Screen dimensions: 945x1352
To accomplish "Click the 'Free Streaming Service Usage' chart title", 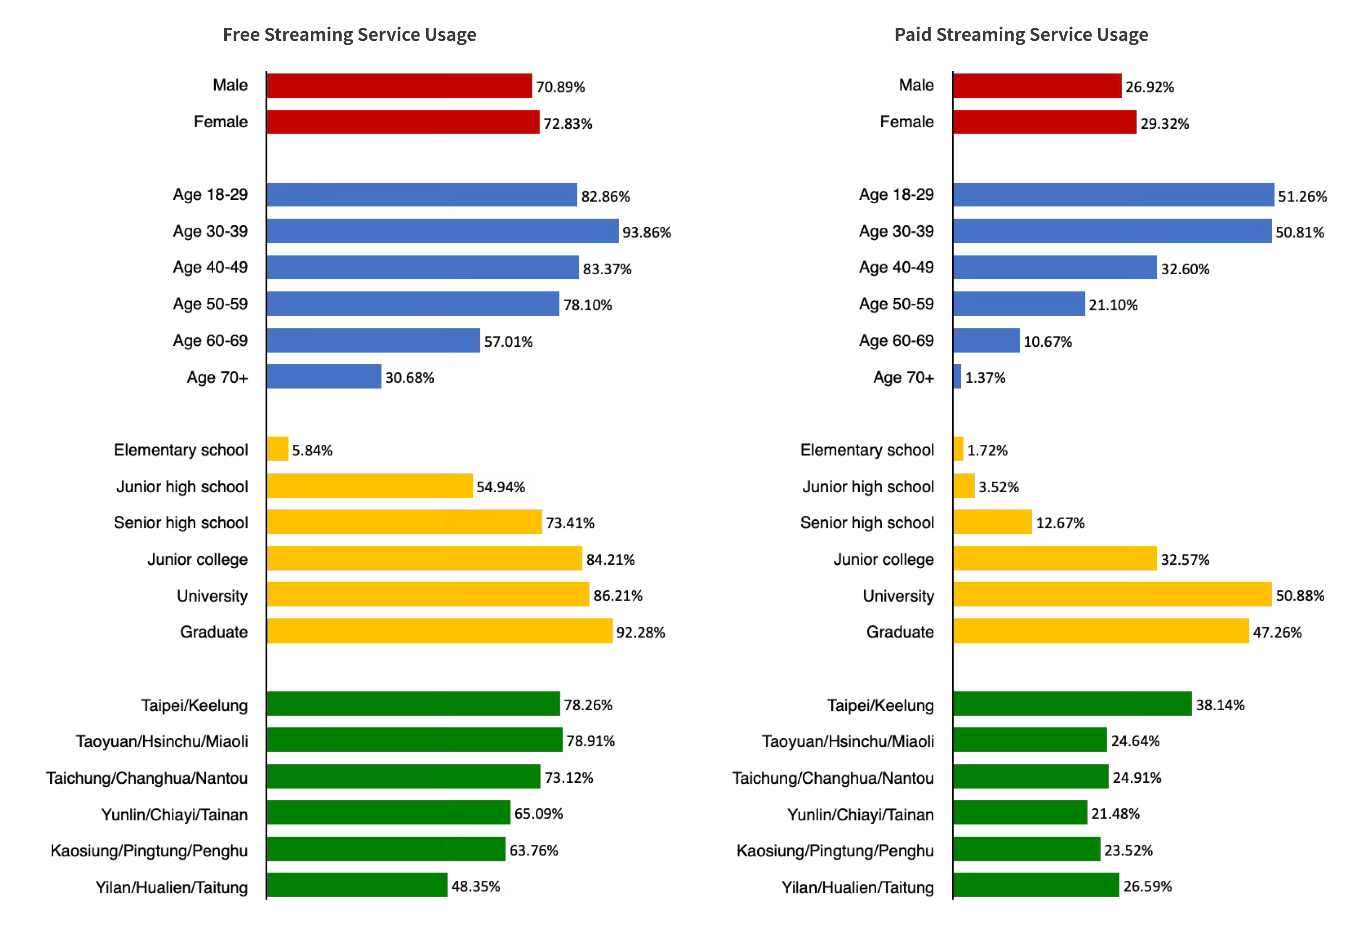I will click(x=349, y=35).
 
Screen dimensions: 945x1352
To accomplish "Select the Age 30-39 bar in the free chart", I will click(x=442, y=231).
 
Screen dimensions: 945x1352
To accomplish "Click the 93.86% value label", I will click(x=647, y=233).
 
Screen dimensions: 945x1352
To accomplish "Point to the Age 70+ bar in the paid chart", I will click(x=957, y=376).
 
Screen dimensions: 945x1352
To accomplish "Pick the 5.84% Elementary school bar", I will click(x=278, y=449).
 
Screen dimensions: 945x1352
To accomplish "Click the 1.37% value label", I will click(x=985, y=378).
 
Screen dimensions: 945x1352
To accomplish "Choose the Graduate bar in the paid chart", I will click(x=1100, y=631).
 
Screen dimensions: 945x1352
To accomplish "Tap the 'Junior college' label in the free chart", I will click(x=197, y=559).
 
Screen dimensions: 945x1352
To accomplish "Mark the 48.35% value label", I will click(x=476, y=886).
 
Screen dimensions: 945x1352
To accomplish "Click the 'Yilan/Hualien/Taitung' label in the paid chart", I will click(x=857, y=887).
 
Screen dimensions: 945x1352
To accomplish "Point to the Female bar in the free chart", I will click(x=403, y=122).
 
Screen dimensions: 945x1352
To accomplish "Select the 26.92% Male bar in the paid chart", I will click(x=1037, y=86).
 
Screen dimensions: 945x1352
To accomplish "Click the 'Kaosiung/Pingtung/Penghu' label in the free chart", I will click(x=149, y=851).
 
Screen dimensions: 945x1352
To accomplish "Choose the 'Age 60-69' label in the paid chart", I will click(x=896, y=341).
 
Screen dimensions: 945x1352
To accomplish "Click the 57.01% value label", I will click(x=508, y=342).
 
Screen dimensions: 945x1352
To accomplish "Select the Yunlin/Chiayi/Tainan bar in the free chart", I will click(x=388, y=812).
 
